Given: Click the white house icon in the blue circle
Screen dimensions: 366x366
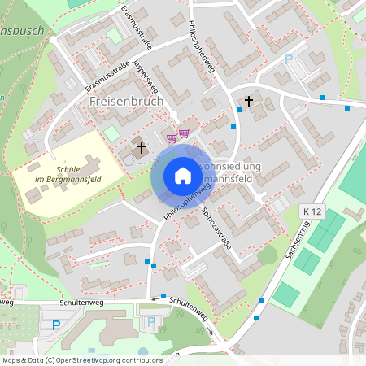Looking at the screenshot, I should (x=182, y=176).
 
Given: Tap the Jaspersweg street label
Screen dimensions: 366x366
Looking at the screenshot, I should (x=146, y=73).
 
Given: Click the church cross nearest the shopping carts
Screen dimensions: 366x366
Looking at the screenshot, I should (x=142, y=148).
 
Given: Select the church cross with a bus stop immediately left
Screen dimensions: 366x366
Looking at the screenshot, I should (x=249, y=102).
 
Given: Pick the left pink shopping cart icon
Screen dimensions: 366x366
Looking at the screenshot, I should (x=172, y=137).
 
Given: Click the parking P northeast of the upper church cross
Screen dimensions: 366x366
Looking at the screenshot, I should (x=288, y=59).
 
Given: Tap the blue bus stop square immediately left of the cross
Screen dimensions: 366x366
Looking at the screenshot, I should (x=238, y=108).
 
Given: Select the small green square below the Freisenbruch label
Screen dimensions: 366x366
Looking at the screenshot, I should (x=111, y=133).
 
